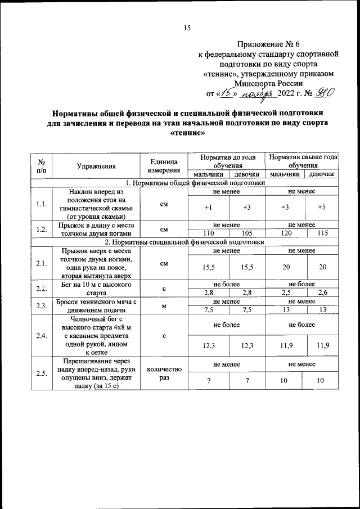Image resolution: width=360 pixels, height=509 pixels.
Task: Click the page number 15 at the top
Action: pyautogui.click(x=188, y=28)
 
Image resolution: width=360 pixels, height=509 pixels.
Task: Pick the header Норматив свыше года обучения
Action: pyautogui.click(x=303, y=162)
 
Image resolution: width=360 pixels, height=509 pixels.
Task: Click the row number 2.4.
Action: pyautogui.click(x=40, y=336)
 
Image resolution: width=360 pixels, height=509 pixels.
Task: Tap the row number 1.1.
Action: pyautogui.click(x=40, y=204)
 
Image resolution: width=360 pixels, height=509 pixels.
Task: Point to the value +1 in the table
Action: pyautogui.click(x=208, y=208)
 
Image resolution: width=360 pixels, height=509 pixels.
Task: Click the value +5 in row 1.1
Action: pyautogui.click(x=321, y=208)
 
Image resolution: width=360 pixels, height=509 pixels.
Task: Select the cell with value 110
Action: pyautogui.click(x=209, y=233)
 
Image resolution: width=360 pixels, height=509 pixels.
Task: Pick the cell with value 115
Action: pyautogui.click(x=322, y=233)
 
